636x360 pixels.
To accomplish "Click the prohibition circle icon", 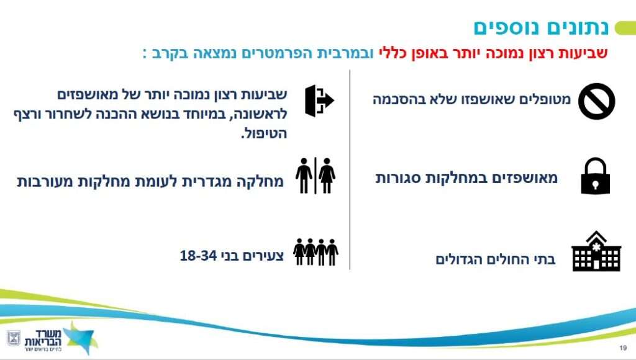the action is (x=597, y=101).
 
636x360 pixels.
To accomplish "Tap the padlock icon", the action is (x=596, y=176).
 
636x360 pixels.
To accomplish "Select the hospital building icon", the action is (x=596, y=251).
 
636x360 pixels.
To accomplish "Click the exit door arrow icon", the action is (x=319, y=101).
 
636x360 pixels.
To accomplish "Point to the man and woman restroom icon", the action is (x=316, y=176).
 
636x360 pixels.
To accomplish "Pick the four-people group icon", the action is (x=316, y=252).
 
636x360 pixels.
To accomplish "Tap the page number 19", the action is (x=624, y=348).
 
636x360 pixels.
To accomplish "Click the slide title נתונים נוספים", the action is (x=541, y=27).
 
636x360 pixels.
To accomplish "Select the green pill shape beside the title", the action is (x=625, y=29).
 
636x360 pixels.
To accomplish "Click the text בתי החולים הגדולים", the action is (x=495, y=259).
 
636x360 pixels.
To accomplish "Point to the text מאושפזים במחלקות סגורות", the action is (x=466, y=178).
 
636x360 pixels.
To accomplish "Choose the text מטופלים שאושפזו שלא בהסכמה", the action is (x=471, y=99).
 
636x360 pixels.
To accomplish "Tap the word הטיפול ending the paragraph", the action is (x=264, y=133).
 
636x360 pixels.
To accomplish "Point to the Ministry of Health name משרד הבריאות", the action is (x=43, y=338).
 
